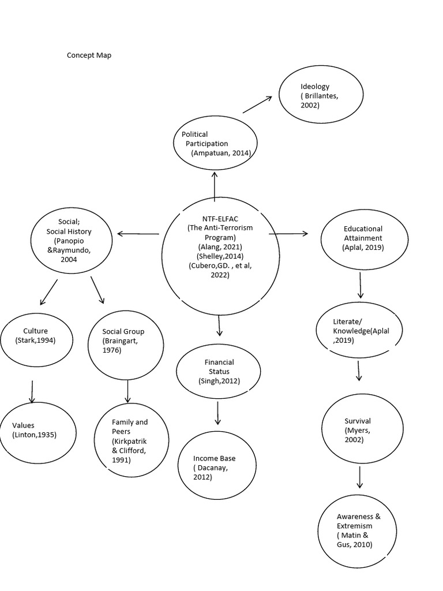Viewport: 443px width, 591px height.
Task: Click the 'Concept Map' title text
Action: pyautogui.click(x=89, y=55)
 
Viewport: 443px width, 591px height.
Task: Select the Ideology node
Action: pyautogui.click(x=321, y=96)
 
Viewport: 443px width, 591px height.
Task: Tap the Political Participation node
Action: pyautogui.click(x=215, y=144)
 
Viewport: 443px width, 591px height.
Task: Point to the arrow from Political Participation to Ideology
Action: pyautogui.click(x=257, y=104)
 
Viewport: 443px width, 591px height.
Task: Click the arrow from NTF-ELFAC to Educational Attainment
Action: pyautogui.click(x=288, y=234)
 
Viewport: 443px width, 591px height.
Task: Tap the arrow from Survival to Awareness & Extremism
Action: pyautogui.click(x=360, y=477)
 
